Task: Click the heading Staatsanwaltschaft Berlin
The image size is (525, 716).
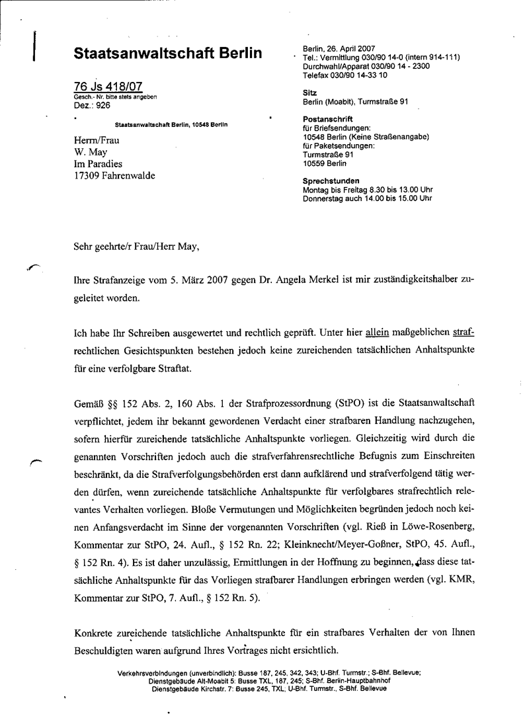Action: pos(168,54)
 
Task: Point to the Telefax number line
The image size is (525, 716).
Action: pos(346,75)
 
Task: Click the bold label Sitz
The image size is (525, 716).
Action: pos(309,93)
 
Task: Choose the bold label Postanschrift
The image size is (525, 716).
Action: pos(328,120)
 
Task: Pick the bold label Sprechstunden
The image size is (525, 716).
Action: pos(331,180)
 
